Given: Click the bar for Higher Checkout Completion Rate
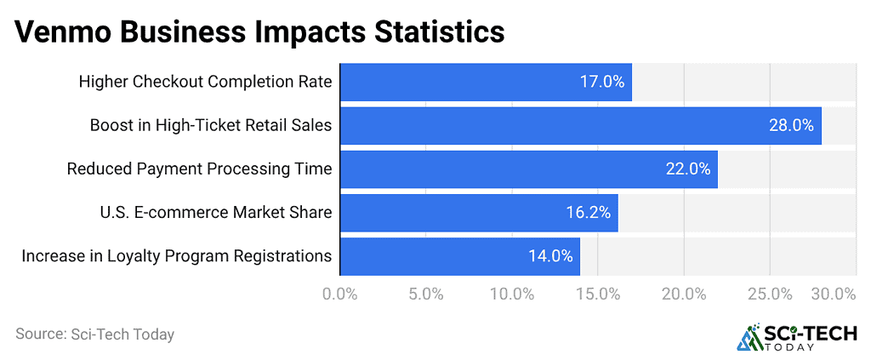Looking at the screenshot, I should (x=485, y=83).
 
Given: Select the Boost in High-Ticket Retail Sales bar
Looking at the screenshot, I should (x=580, y=126).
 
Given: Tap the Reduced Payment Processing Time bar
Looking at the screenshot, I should (x=528, y=169).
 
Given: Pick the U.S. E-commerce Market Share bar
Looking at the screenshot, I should (x=478, y=213).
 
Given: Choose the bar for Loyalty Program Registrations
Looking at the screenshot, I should (x=459, y=256).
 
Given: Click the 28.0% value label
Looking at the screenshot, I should (x=792, y=126).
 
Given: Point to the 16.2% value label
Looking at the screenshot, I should (x=589, y=213).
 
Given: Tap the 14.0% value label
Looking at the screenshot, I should (x=550, y=256).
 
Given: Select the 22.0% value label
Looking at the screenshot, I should (x=688, y=169).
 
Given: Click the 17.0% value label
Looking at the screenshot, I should (x=602, y=83).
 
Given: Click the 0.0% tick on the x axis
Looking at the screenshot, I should (x=340, y=294).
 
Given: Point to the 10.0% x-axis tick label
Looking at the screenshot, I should (x=512, y=294).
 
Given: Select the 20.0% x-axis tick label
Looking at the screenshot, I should (x=684, y=294).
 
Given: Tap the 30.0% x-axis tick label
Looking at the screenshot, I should (x=833, y=294).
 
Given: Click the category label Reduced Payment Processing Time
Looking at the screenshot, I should (x=199, y=169).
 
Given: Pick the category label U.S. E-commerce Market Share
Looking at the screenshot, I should (x=216, y=213).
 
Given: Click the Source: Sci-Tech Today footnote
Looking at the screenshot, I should (x=94, y=334).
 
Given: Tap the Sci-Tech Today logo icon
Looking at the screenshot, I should (x=749, y=337).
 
